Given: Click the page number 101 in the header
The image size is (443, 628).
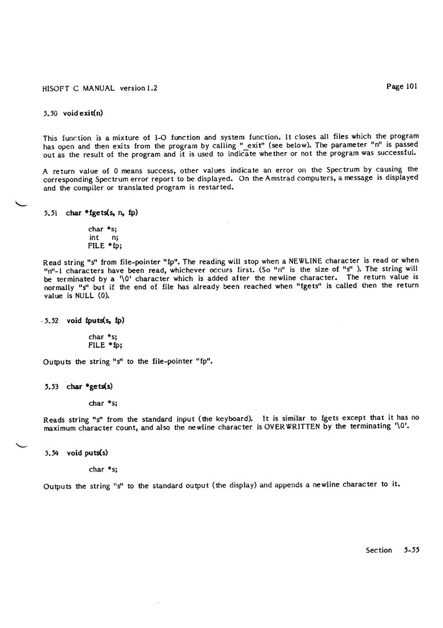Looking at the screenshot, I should (410, 86).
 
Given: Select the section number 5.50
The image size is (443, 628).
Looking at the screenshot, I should (51, 114).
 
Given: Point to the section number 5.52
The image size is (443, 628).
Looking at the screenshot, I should (53, 320).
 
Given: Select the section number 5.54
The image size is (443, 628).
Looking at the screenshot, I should (53, 453).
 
